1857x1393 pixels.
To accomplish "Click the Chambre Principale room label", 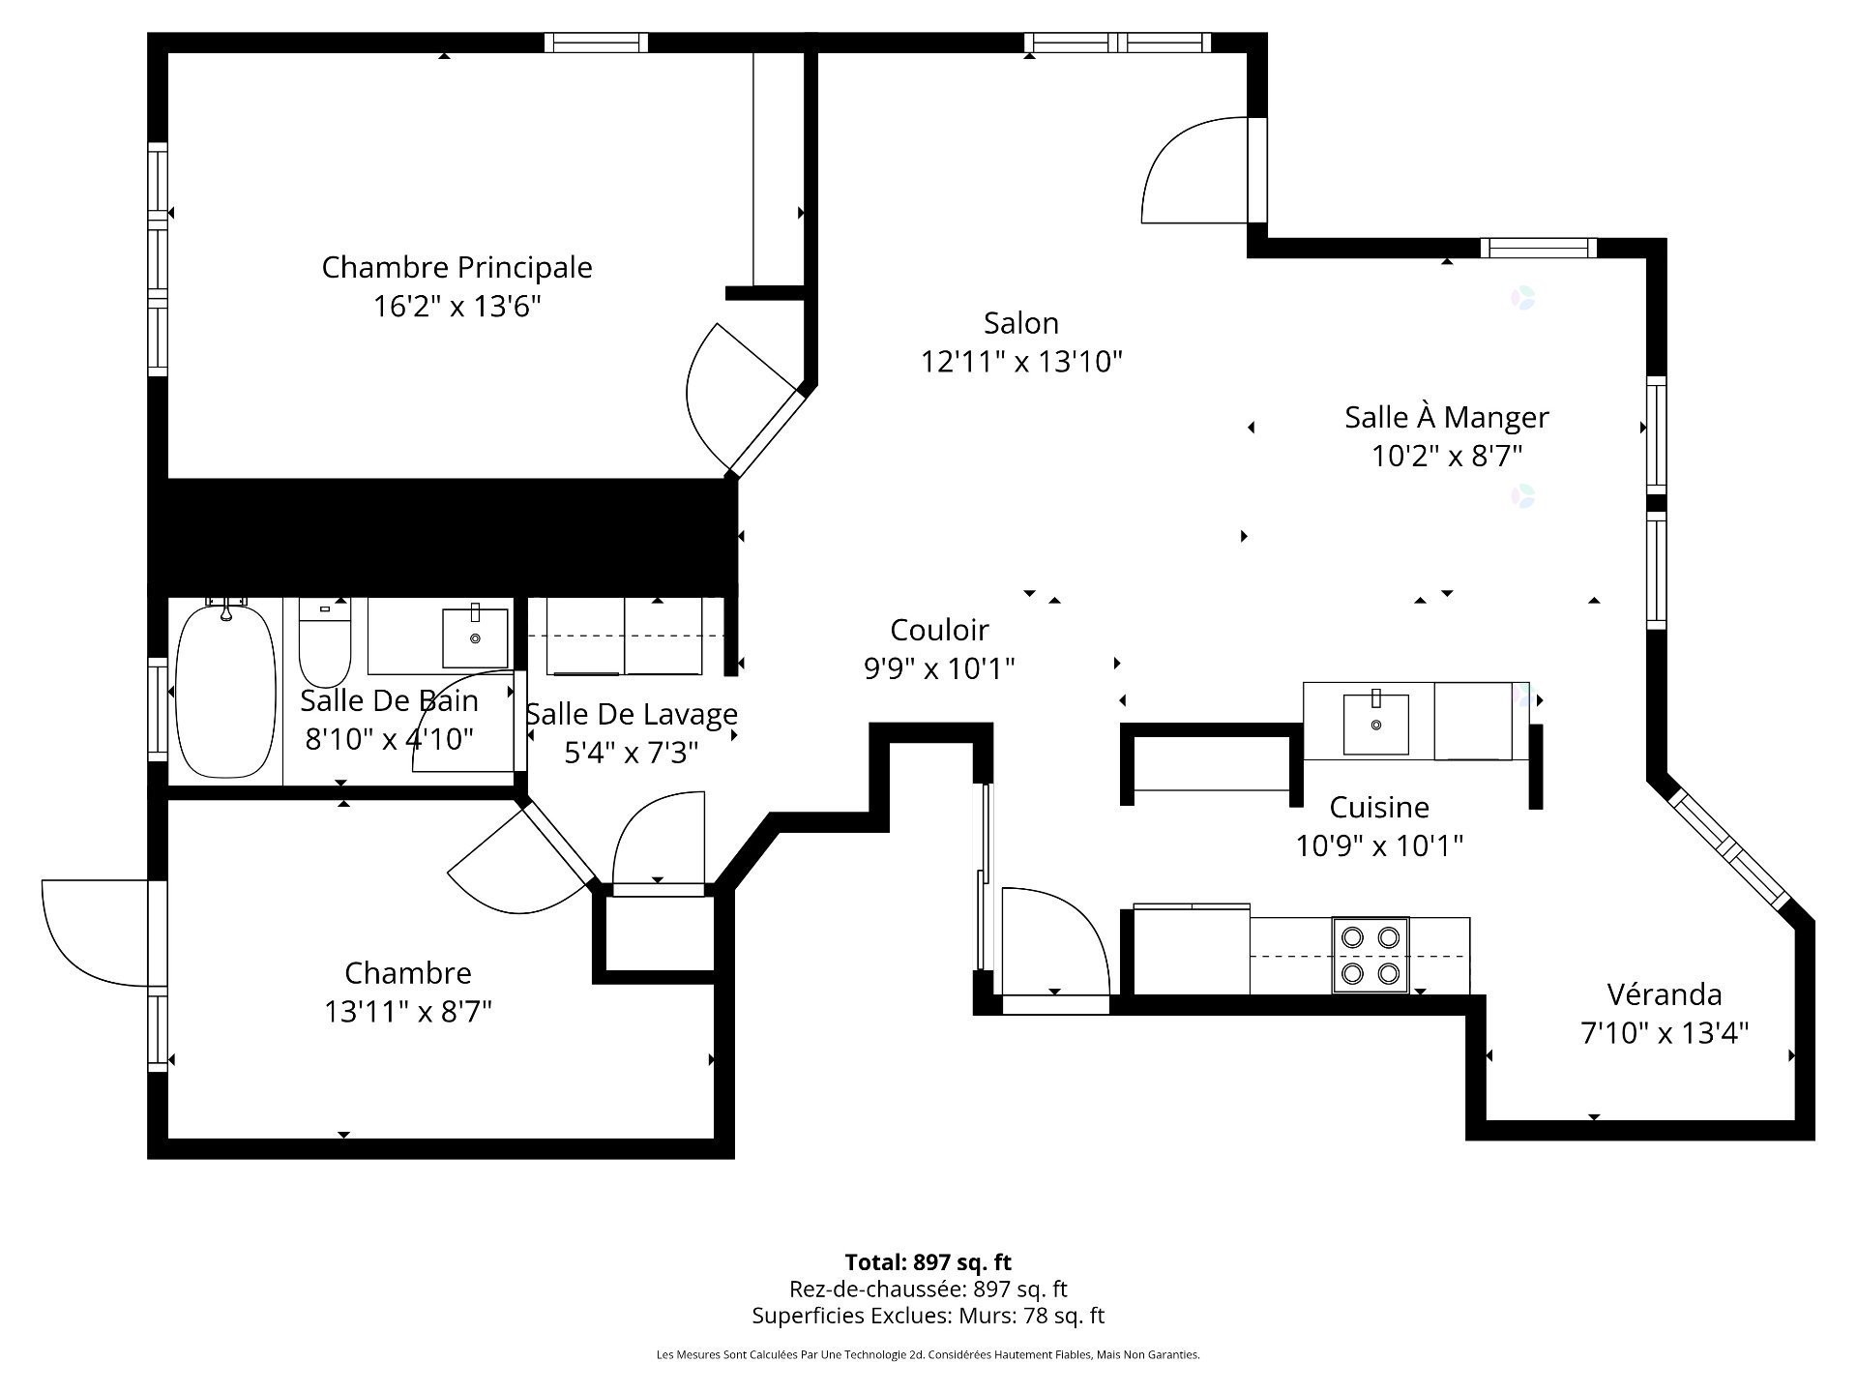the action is tap(457, 267).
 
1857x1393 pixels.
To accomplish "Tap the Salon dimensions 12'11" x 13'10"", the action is tap(1021, 362).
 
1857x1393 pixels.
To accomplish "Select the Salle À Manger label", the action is tap(1447, 417).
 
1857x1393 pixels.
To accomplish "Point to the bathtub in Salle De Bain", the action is tap(225, 689).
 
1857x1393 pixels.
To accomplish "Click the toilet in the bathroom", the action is tap(325, 642).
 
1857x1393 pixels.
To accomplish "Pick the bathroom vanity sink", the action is tap(475, 638).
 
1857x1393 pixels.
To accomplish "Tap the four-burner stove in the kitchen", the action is tap(1371, 955).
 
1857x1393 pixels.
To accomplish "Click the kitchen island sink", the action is tap(1375, 723).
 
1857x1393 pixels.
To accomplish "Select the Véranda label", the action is tap(1665, 993).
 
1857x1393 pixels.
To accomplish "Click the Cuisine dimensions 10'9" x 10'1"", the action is tap(1379, 845).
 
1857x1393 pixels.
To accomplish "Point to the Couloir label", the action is tap(939, 630).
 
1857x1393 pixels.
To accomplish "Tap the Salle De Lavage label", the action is tap(632, 714).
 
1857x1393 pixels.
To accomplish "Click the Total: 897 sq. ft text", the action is tap(928, 1262).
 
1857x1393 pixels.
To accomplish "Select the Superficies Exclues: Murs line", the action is tap(928, 1316).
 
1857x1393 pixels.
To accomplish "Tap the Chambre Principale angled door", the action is tap(745, 400).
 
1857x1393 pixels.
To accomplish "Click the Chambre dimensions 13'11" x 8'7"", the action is tap(408, 1012).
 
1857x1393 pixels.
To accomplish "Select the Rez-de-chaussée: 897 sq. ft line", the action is tap(928, 1289).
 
